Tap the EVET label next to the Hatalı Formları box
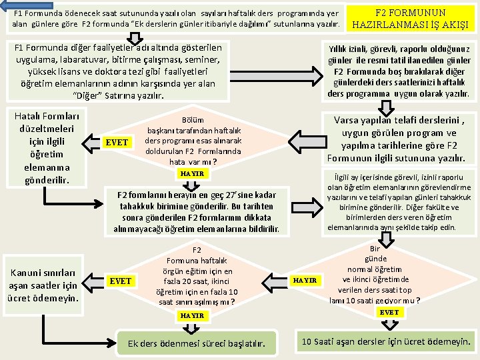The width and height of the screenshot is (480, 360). click(x=117, y=143)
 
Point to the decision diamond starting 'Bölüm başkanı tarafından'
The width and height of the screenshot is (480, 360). click(x=193, y=138)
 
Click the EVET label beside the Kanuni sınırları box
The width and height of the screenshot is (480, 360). click(x=121, y=281)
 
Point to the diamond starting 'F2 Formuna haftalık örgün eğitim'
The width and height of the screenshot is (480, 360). click(x=196, y=277)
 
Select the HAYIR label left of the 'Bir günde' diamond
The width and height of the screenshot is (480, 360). click(x=305, y=281)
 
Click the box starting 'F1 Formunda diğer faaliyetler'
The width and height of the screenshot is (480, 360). click(x=117, y=71)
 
